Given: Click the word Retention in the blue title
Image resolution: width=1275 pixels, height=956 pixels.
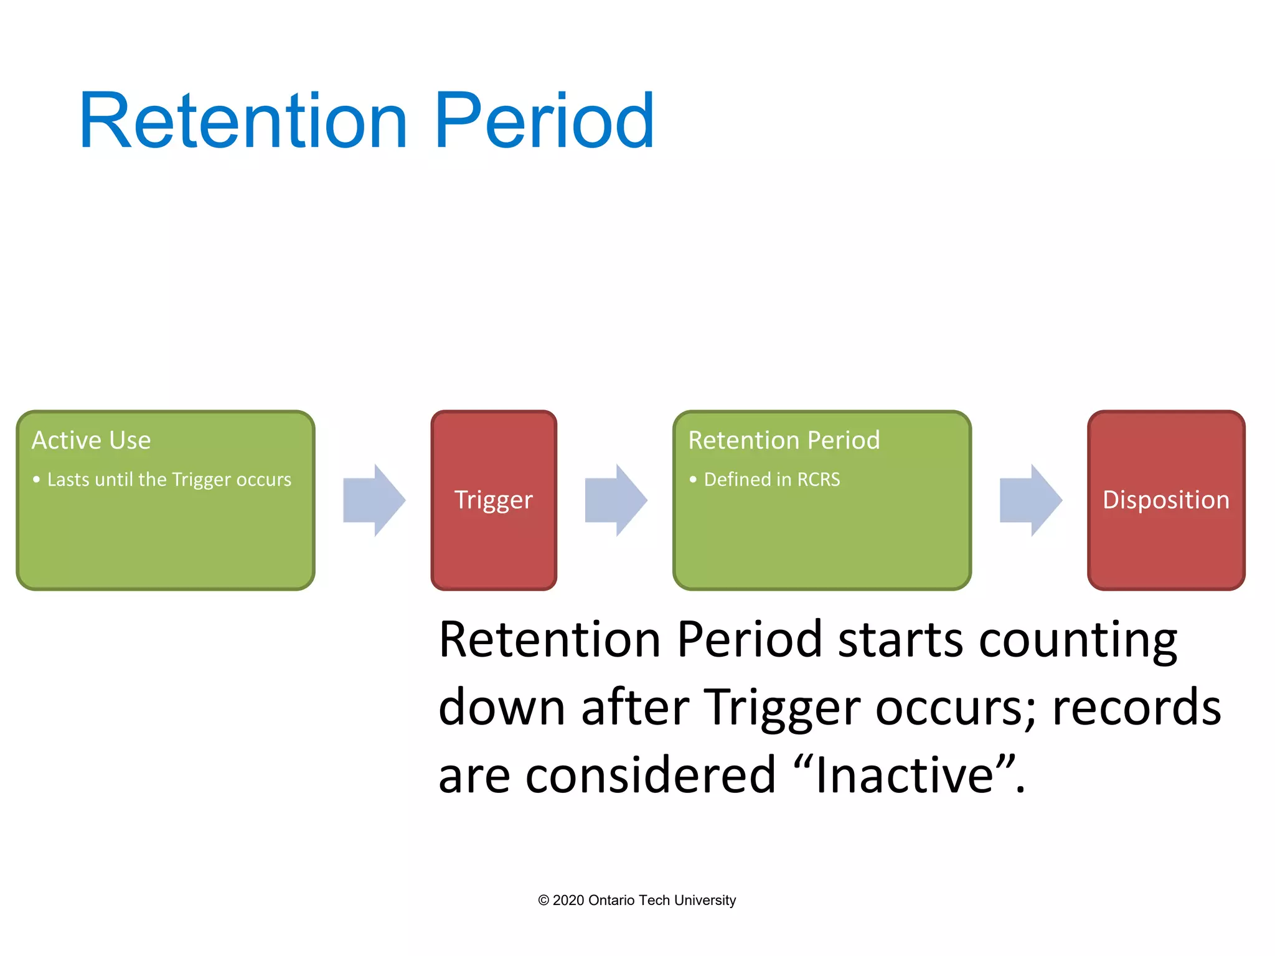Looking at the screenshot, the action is click(243, 121).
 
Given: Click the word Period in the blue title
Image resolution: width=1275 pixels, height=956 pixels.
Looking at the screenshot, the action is click(544, 121).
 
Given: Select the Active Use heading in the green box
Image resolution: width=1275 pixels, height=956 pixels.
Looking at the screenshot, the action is click(92, 441).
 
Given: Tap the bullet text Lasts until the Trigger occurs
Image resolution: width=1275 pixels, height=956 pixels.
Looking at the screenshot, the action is click(169, 480).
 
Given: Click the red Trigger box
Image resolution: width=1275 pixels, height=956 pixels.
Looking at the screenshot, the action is click(494, 500).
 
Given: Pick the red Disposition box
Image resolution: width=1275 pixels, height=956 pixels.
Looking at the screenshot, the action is click(1165, 500).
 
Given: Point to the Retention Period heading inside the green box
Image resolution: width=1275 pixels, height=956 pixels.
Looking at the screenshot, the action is click(784, 441).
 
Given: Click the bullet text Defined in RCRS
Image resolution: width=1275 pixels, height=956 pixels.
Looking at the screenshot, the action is click(771, 480).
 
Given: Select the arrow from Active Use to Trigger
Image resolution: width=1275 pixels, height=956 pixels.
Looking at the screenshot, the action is click(374, 500).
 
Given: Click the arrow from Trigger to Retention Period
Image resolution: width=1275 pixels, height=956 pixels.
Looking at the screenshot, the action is click(616, 500).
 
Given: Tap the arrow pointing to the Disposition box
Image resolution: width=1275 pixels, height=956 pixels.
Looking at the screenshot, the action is click(1030, 500).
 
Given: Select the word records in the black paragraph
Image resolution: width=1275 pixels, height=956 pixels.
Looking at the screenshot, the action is click(1136, 708).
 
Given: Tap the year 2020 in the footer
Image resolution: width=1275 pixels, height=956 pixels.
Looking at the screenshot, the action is click(568, 901).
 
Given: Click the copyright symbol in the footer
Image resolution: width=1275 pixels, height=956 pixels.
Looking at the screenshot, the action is click(543, 901).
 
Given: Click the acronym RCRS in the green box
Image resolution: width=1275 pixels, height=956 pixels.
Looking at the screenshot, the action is click(818, 480).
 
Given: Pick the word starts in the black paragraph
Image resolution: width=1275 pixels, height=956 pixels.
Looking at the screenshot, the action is click(901, 640).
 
